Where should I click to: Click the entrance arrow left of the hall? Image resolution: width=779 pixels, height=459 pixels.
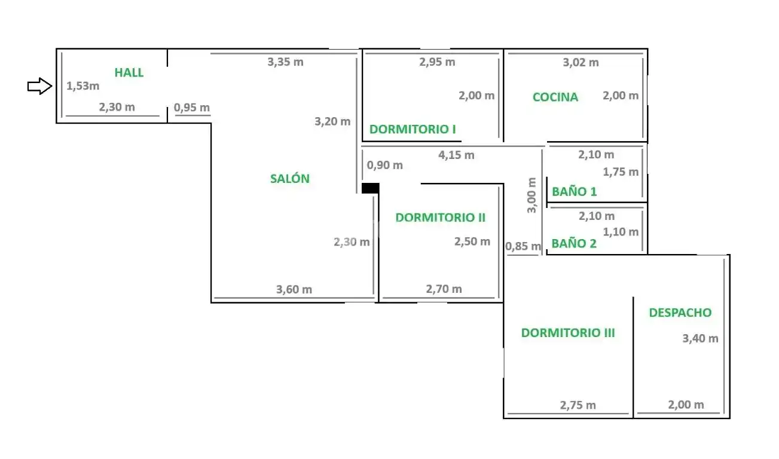(40, 86)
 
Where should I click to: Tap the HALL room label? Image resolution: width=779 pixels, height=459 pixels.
(129, 73)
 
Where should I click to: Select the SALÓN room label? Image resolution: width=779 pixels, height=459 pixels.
(290, 178)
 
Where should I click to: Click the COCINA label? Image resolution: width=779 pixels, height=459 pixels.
(555, 97)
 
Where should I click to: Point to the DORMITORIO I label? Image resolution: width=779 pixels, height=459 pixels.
(413, 129)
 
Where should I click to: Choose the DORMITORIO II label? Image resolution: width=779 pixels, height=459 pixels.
(440, 218)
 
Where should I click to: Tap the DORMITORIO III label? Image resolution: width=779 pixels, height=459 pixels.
(568, 333)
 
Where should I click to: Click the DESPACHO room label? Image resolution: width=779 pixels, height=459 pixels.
(680, 313)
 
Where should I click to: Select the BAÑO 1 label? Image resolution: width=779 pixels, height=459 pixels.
(574, 191)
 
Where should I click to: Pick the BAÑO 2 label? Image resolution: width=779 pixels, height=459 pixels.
(574, 243)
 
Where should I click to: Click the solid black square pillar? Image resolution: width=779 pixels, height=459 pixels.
(371, 188)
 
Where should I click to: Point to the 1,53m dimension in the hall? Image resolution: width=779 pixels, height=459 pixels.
(83, 86)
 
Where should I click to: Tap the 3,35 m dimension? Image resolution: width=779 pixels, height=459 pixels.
(285, 62)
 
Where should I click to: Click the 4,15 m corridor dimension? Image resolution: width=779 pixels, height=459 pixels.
(456, 155)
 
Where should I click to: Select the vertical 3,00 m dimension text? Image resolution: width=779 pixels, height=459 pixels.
(531, 195)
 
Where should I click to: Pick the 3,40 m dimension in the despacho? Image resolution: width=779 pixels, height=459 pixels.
(701, 338)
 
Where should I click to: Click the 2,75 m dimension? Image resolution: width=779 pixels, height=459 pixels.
(578, 405)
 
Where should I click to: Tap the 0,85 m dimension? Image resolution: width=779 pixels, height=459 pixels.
(523, 246)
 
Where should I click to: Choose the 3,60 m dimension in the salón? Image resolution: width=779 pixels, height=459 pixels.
(294, 289)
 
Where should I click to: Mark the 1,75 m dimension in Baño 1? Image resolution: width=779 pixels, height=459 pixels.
(621, 172)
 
